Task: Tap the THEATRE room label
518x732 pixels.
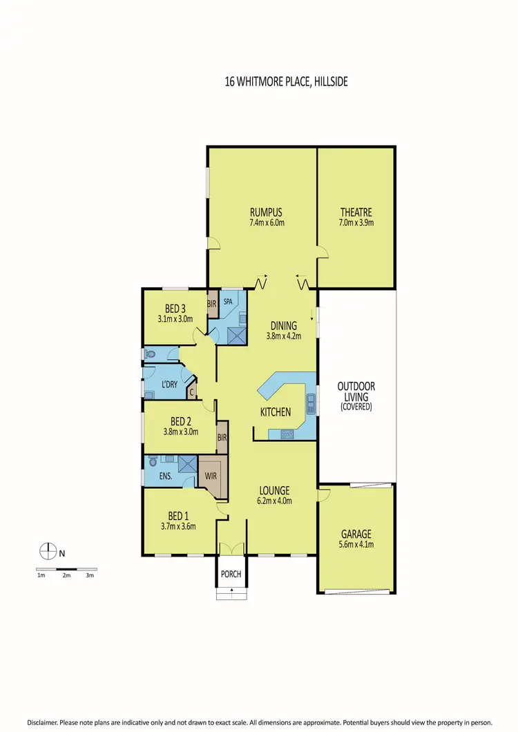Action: point(356,212)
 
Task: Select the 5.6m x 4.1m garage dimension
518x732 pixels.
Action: point(356,545)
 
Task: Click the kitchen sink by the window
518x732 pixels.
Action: point(310,402)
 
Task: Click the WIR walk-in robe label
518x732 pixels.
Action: point(211,476)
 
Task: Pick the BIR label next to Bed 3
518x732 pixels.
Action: point(212,302)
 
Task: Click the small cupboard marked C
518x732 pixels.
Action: point(192,392)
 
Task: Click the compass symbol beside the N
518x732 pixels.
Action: point(47,552)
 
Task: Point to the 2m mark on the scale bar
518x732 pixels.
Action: point(66,575)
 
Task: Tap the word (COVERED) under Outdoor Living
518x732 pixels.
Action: point(356,407)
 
